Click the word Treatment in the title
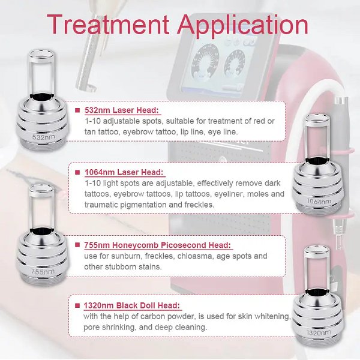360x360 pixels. (108, 24)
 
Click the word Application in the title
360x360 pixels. (242, 26)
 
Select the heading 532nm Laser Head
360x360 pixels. (122, 110)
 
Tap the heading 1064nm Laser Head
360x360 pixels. (124, 172)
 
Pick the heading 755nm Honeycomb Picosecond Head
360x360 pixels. (157, 245)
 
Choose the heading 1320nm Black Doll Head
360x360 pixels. (132, 305)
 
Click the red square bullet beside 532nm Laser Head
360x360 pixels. (77, 110)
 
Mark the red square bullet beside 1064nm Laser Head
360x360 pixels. (77, 172)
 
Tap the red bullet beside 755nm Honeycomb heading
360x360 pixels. (77, 245)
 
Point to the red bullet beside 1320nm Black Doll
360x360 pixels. (77, 305)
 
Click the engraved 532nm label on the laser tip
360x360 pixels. (44, 137)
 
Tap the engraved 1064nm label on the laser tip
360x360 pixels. (319, 202)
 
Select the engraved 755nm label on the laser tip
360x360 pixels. (43, 272)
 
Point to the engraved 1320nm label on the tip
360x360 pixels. (319, 332)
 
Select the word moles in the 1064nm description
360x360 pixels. (257, 194)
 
